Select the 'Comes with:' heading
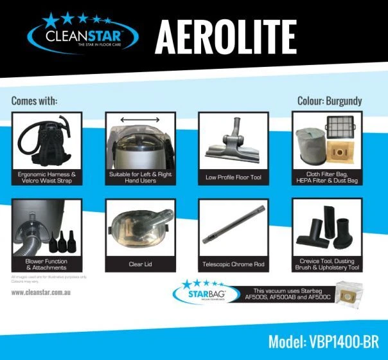point(34,101)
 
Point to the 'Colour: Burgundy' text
point(330,101)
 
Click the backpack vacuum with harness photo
point(46,140)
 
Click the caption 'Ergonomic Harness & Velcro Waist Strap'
point(46,177)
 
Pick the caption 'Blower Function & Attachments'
point(46,264)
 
